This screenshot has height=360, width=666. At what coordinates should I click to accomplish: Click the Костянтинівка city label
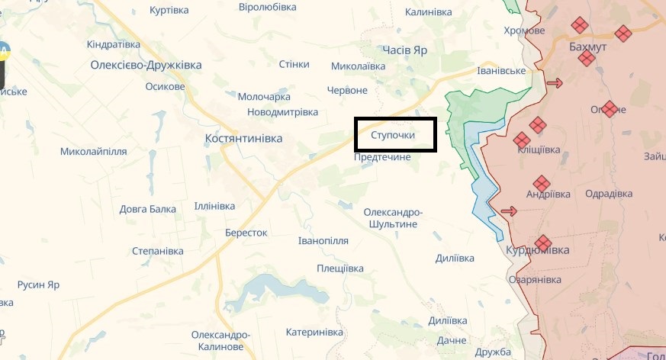243,139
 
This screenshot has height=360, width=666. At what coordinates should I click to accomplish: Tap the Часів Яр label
405,50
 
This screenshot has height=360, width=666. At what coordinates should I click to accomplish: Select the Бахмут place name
587,47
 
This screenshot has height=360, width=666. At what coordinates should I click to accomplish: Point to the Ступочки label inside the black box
393,135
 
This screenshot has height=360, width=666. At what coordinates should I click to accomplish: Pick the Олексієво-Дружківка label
146,65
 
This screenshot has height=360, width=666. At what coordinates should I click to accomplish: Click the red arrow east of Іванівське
554,83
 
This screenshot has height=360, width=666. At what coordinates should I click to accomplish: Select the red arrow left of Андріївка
508,211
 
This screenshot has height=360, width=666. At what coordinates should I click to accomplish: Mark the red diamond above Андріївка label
541,183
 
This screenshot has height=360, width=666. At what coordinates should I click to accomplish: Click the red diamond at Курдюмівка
542,243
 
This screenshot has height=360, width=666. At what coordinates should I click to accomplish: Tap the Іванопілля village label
323,241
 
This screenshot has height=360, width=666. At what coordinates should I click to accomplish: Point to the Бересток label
246,233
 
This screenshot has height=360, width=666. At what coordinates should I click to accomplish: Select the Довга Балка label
147,209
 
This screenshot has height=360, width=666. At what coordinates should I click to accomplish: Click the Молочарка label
264,97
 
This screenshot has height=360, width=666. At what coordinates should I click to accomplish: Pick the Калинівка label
428,13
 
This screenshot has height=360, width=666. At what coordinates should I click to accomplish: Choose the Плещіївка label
340,268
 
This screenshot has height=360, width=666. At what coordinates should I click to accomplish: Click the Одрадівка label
608,194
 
